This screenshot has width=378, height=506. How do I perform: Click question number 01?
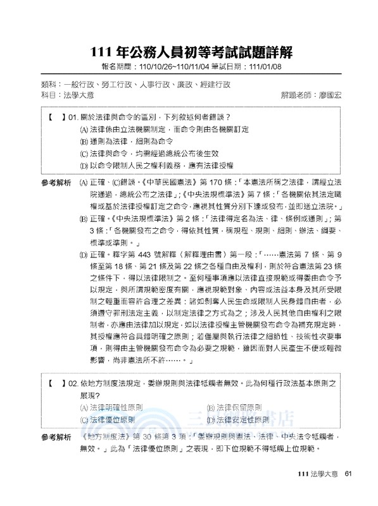pos(72,118)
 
